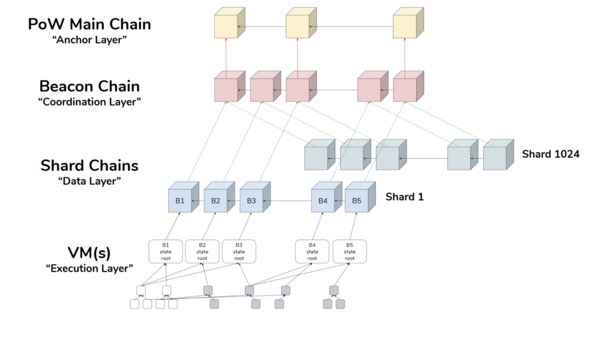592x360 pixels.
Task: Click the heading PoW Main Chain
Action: (89, 24)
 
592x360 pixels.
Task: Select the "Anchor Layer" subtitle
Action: (89, 40)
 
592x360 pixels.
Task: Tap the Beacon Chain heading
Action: (89, 86)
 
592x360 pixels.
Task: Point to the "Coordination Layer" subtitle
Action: (89, 102)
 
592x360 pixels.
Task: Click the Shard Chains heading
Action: (89, 165)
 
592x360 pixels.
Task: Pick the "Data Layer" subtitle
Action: (89, 181)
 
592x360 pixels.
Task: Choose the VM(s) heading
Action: (89, 252)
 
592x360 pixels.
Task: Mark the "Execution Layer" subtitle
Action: (89, 268)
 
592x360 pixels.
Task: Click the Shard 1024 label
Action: (550, 154)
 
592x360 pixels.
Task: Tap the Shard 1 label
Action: (405, 197)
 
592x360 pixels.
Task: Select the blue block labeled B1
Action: (180, 201)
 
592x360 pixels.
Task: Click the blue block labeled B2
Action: (216, 201)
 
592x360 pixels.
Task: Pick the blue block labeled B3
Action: (251, 201)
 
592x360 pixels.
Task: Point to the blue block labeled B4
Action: (323, 201)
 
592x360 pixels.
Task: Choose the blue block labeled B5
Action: (356, 201)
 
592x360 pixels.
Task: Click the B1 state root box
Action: (166, 251)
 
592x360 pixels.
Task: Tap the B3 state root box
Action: (239, 251)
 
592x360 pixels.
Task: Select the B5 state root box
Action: (350, 251)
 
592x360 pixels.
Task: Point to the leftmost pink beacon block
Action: (226, 89)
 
